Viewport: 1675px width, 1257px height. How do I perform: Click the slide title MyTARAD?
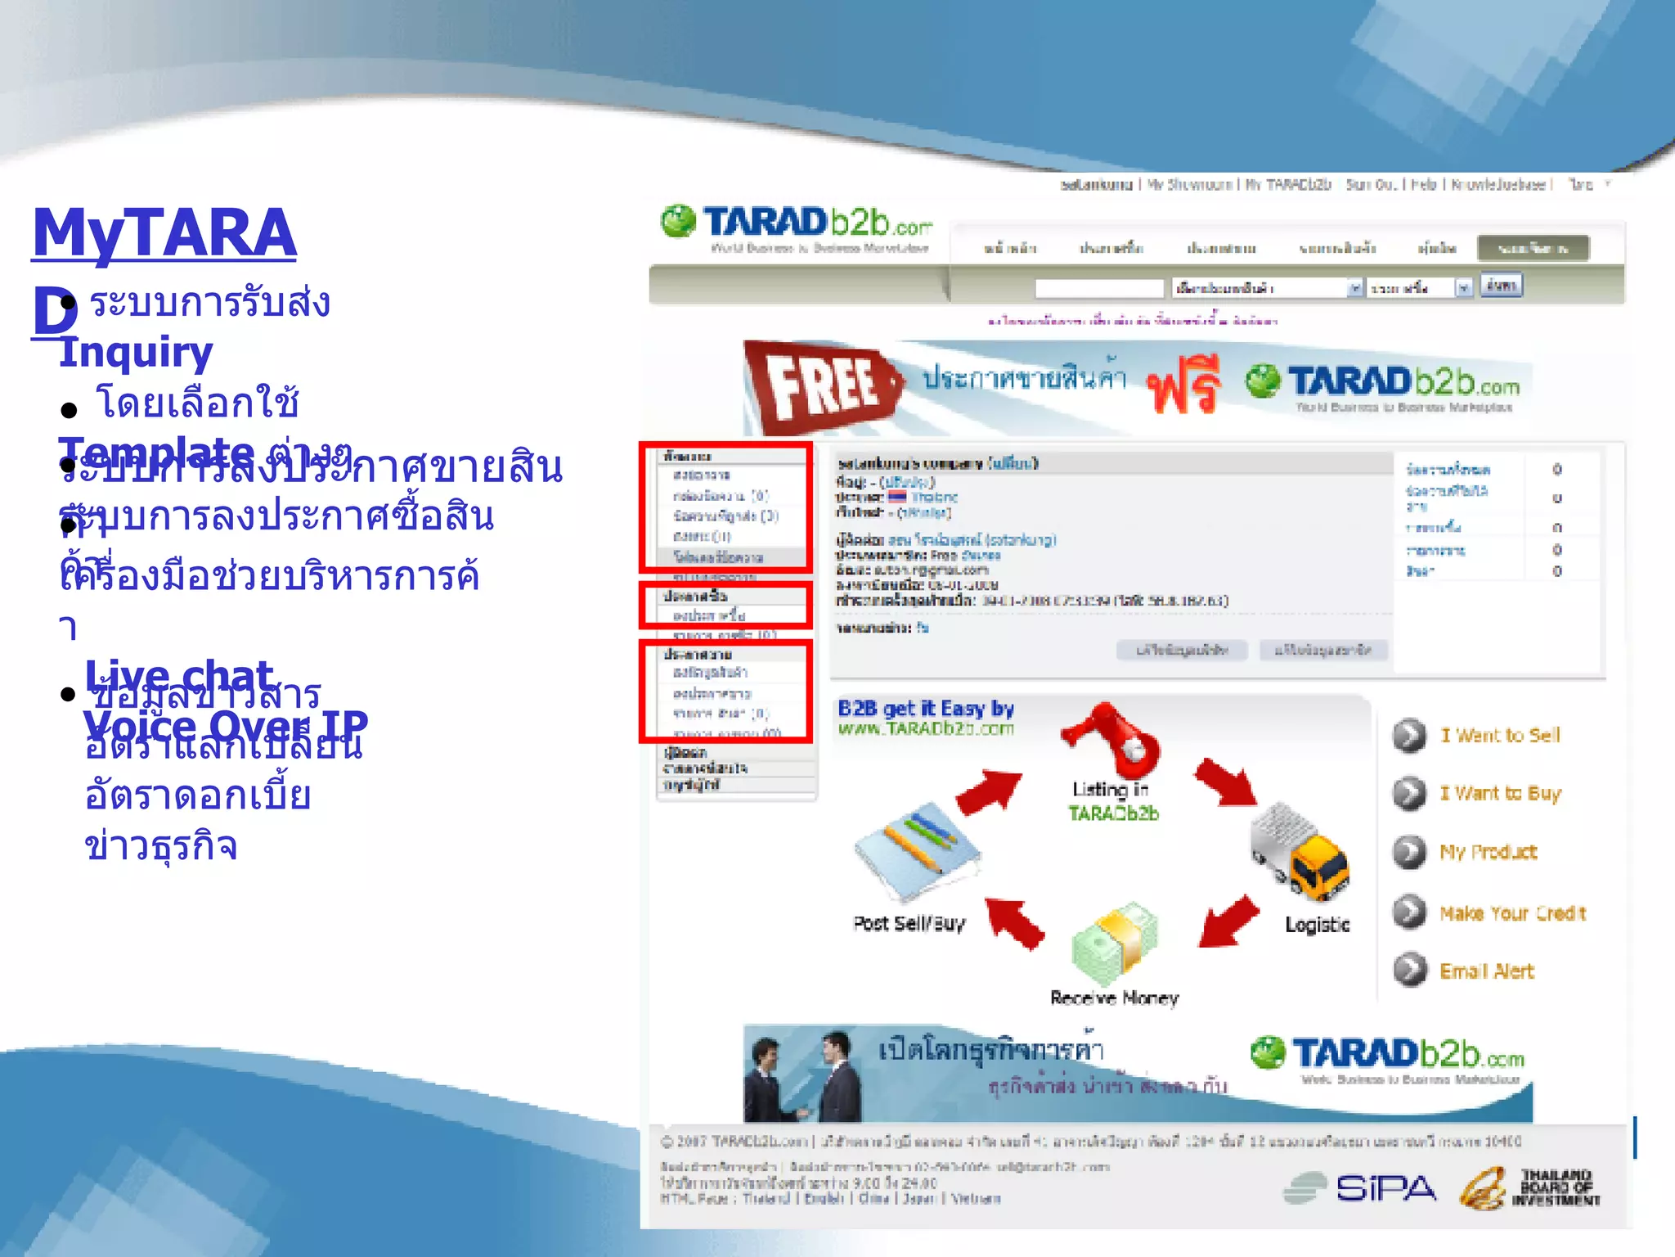(164, 234)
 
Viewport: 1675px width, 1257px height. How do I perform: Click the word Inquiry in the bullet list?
(136, 353)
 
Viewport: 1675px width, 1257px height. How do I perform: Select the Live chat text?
(179, 676)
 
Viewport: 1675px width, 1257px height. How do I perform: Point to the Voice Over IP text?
(225, 724)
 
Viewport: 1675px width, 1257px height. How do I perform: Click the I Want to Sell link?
(1500, 735)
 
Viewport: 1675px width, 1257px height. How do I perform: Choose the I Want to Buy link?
(1500, 793)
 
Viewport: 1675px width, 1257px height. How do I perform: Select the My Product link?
(1488, 852)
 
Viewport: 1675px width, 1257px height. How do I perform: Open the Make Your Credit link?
(1512, 912)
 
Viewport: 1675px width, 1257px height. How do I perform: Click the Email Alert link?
(1486, 971)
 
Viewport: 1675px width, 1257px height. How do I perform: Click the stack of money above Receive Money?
(1115, 942)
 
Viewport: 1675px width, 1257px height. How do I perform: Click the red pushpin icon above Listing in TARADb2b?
(1112, 737)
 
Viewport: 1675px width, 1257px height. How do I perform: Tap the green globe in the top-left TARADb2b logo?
(678, 222)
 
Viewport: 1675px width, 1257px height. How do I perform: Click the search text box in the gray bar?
(1098, 288)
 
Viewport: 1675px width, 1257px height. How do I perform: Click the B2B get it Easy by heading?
(925, 709)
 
